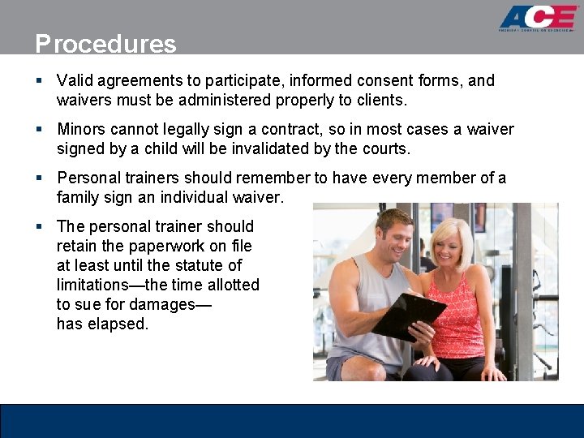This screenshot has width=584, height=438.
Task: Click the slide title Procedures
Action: (x=105, y=44)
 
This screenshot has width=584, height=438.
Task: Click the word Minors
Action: (x=83, y=130)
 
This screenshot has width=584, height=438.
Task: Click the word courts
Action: (x=385, y=149)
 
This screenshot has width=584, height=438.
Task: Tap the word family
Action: (x=77, y=198)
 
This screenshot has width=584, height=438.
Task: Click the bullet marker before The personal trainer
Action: (x=39, y=227)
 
